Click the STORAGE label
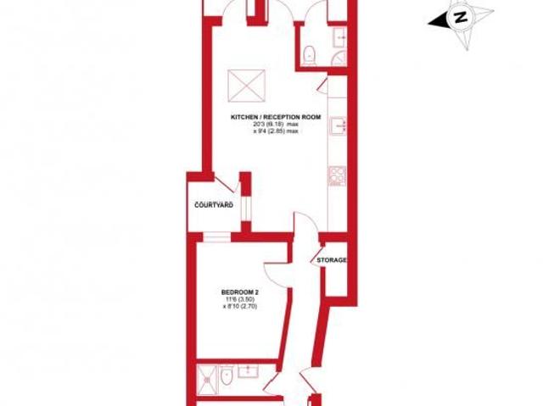click(332, 259)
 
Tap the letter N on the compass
click(460, 16)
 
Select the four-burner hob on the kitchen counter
click(334, 178)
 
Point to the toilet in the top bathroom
click(311, 55)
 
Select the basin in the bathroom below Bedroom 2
click(250, 372)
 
